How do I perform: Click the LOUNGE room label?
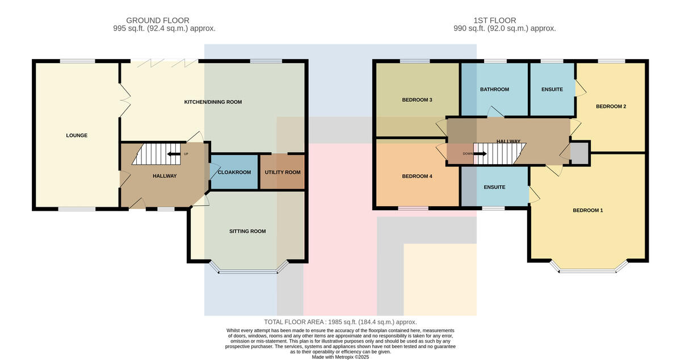(x=77, y=135)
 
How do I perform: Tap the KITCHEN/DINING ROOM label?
(x=213, y=102)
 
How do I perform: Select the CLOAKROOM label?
(x=234, y=172)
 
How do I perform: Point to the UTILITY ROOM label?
(x=283, y=172)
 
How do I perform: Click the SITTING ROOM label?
(x=247, y=231)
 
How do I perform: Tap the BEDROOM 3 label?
(x=417, y=100)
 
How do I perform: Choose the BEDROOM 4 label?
(x=417, y=176)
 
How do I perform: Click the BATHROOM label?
(x=495, y=90)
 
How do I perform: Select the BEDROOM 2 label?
(x=611, y=107)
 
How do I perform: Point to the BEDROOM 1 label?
(x=588, y=210)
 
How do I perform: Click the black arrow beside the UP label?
(x=174, y=154)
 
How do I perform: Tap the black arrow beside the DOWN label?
(x=480, y=154)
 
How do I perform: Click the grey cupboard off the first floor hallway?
(x=579, y=154)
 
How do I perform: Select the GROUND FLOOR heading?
(x=158, y=20)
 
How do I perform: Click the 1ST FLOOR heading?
(x=495, y=20)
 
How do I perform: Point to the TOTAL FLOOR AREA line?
(x=340, y=322)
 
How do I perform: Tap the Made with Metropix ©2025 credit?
(x=340, y=357)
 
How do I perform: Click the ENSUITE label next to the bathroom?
(x=552, y=90)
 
